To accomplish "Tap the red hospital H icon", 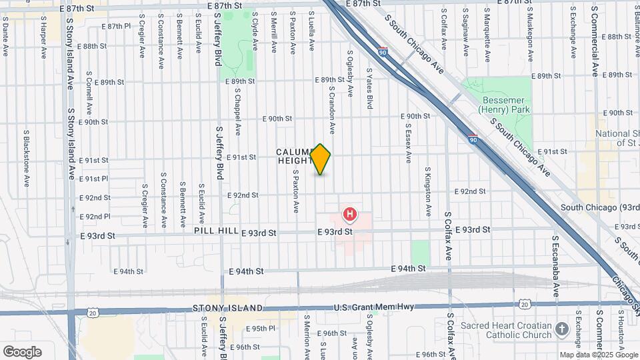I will point(349,215).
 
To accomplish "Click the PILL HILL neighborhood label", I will point(213,231).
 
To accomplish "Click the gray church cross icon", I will point(562,329).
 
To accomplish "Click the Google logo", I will point(22,351).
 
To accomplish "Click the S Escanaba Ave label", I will point(555,266).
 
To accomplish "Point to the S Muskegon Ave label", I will point(531,33).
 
